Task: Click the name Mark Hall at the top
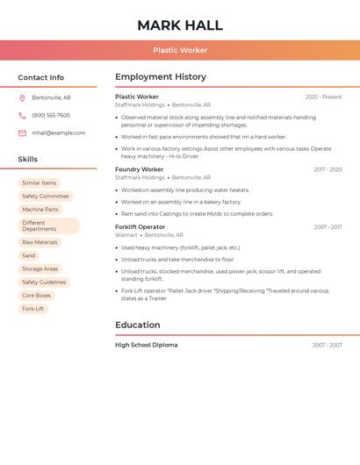pos(180,25)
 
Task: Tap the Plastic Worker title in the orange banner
pos(180,50)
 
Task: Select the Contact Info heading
pos(41,77)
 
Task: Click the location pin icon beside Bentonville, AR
pos(22,97)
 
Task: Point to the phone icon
pos(22,115)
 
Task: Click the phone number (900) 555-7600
pos(51,115)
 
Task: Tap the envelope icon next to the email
pos(22,132)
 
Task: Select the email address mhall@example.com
pos(59,132)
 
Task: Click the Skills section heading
pos(28,159)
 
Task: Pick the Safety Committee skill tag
pos(46,197)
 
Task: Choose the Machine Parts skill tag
pos(40,210)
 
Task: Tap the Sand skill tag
pos(29,255)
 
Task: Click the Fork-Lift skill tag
pos(33,309)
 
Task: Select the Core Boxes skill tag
pos(37,296)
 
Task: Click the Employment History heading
pos(161,77)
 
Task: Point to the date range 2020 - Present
pos(323,97)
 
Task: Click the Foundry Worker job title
pos(140,169)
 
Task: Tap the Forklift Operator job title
pos(140,227)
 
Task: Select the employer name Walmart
pos(126,235)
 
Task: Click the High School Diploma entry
pos(146,345)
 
